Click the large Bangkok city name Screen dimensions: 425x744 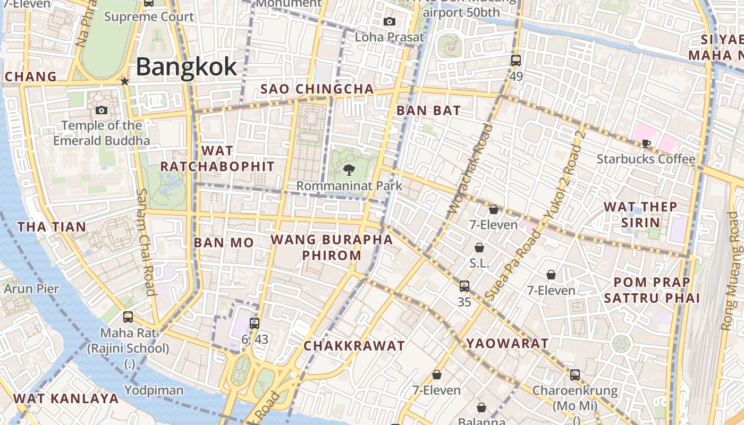coord(187,67)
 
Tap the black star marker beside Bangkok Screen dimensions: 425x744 coord(124,81)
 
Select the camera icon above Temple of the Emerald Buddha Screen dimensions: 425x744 coord(102,110)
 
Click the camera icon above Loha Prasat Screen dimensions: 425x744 coord(390,21)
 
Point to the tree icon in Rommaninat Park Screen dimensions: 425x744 coord(349,170)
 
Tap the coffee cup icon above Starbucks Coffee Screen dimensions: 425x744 coord(646,143)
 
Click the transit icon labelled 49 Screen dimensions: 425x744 coord(516,60)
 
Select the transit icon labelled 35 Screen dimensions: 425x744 coord(464,286)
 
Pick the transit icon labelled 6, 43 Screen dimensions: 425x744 coord(255,323)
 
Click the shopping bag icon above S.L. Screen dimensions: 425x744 coord(479,248)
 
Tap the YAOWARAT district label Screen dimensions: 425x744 coord(508,344)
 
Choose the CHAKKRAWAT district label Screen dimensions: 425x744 coord(354,346)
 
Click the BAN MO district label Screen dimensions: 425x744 coord(224,243)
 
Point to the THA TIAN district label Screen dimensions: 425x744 coord(52,227)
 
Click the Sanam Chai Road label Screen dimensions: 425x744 coord(146,242)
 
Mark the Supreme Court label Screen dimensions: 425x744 coord(149,16)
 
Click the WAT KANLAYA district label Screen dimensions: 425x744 coord(66,398)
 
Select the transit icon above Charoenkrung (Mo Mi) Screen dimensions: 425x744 coord(575,375)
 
